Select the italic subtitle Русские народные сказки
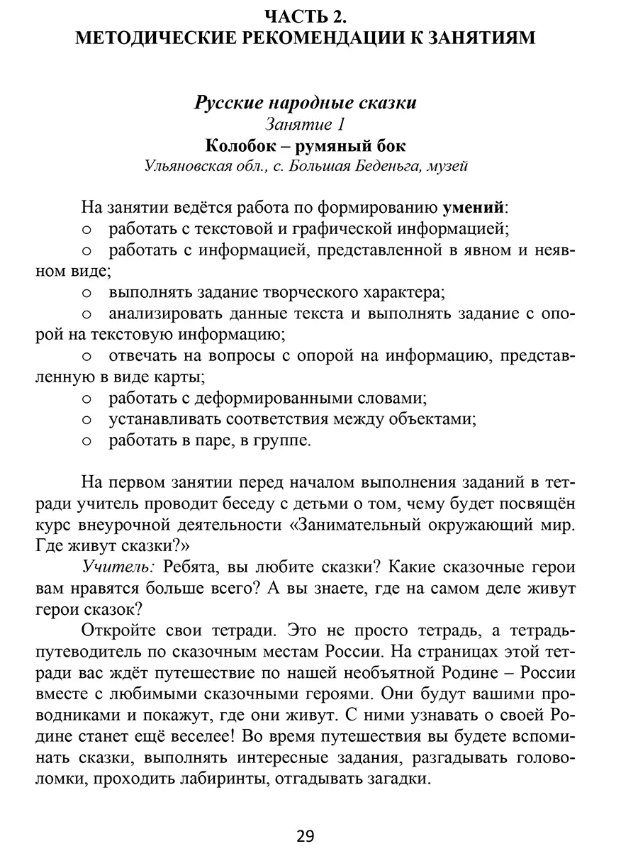tap(305, 103)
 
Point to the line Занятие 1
tap(305, 125)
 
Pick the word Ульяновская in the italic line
tap(188, 167)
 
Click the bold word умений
tap(474, 208)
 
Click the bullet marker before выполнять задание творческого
tap(87, 292)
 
